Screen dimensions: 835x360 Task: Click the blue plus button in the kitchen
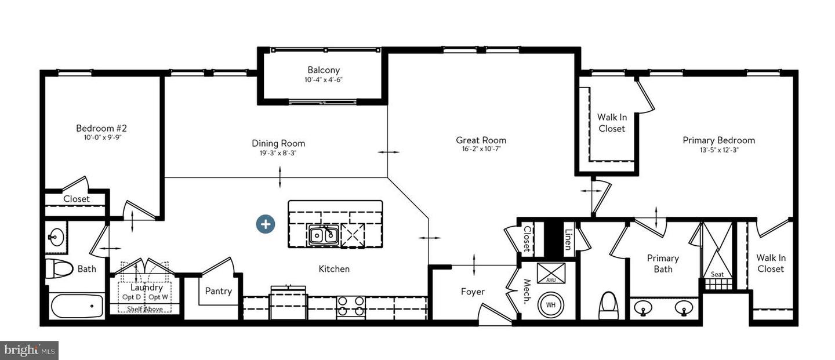(x=266, y=224)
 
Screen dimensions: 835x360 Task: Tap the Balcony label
(x=324, y=70)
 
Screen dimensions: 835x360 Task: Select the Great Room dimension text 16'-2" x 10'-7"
(x=481, y=149)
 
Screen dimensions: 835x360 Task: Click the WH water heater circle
(x=551, y=305)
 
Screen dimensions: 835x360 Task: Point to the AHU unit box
(x=551, y=273)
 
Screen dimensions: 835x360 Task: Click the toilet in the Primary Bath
(x=608, y=306)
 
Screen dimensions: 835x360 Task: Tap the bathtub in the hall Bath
(x=77, y=306)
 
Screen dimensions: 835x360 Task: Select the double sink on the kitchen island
(x=323, y=235)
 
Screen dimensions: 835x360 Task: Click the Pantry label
(x=219, y=291)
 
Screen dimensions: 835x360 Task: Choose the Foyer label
(x=473, y=292)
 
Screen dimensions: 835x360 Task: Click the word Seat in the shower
(x=717, y=274)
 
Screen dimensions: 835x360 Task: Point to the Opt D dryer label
(x=131, y=297)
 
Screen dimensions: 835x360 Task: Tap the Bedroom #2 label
(x=101, y=128)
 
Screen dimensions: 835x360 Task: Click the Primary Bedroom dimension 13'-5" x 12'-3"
(x=719, y=150)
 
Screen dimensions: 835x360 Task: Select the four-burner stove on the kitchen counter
(x=351, y=306)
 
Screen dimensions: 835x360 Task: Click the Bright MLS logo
(x=29, y=351)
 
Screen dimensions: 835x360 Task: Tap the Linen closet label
(x=568, y=239)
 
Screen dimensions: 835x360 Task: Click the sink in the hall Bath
(x=56, y=237)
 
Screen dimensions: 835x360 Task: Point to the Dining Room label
(x=278, y=144)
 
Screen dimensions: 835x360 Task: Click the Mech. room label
(x=527, y=292)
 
